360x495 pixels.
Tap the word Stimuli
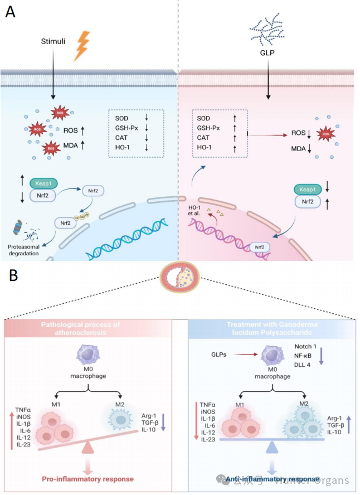[x=54, y=42]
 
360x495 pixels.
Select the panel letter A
[x=10, y=12]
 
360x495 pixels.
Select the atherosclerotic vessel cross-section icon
[x=179, y=278]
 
